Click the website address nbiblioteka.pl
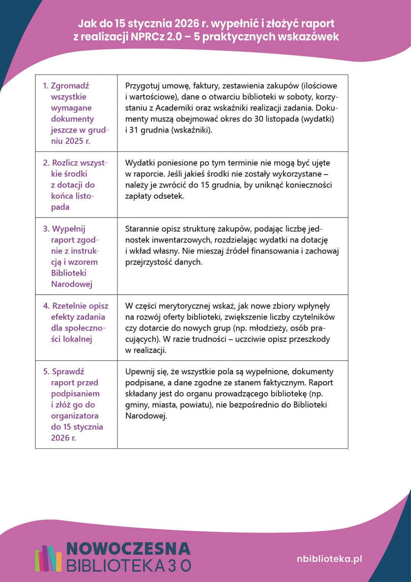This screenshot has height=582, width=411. click(329, 559)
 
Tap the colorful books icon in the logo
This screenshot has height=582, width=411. click(48, 558)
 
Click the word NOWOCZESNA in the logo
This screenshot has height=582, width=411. click(128, 549)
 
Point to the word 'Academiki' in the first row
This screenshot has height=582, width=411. click(174, 108)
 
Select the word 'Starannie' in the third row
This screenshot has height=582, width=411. click(142, 229)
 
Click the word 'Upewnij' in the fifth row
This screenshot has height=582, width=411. click(140, 372)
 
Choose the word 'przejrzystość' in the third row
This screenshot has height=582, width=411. click(149, 262)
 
